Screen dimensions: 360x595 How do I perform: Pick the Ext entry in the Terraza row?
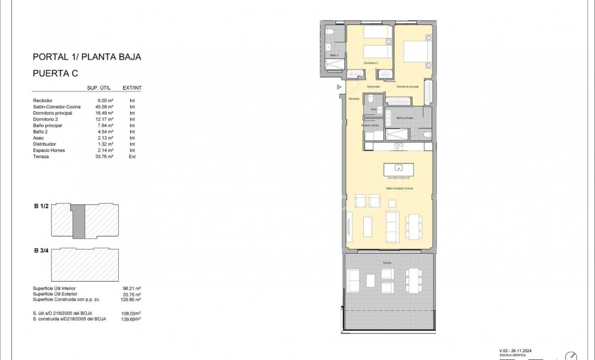point(132,157)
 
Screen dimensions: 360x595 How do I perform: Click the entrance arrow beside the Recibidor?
point(339,87)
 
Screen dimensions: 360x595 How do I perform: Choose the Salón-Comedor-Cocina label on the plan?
point(399,188)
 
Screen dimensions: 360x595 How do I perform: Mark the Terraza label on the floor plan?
point(388,263)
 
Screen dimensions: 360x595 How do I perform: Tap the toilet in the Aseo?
point(370,98)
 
